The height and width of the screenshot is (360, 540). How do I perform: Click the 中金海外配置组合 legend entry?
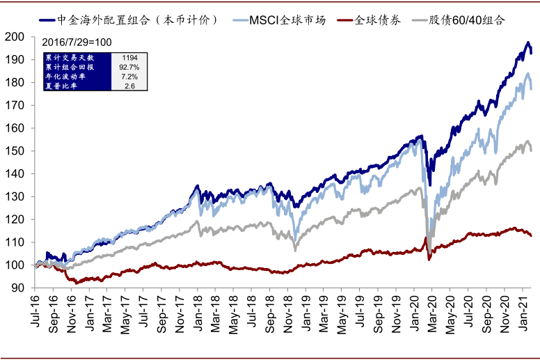coord(139,19)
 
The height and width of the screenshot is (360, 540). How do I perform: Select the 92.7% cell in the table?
coord(129,67)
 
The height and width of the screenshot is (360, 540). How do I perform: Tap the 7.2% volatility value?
coord(129,77)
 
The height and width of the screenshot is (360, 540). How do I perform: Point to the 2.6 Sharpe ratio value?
coord(129,86)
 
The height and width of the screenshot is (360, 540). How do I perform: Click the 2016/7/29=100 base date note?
coord(77,42)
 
